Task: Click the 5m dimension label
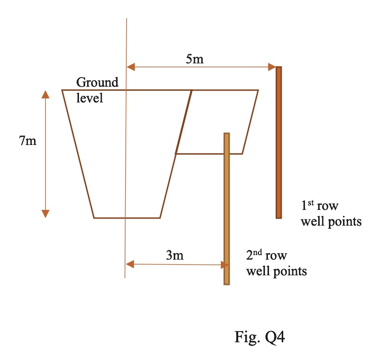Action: (x=195, y=59)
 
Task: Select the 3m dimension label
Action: (x=175, y=256)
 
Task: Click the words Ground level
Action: (x=97, y=90)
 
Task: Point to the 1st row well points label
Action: (x=331, y=213)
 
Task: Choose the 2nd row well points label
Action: (x=276, y=263)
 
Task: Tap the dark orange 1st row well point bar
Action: (x=278, y=142)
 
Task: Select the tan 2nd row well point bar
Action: (x=226, y=208)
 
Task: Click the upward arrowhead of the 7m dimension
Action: (x=46, y=95)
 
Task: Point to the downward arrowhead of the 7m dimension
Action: (x=46, y=213)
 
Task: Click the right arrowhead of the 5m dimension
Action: (x=272, y=66)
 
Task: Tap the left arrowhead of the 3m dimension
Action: (x=129, y=264)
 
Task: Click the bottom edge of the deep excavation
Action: (x=127, y=218)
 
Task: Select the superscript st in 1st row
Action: (x=311, y=203)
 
